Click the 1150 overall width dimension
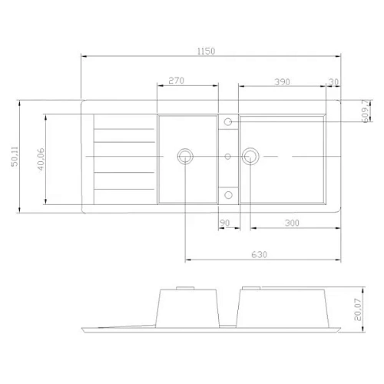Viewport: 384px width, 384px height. pos(205,51)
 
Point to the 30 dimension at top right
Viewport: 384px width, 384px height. pos(333,81)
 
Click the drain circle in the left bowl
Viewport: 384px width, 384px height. pos(184,157)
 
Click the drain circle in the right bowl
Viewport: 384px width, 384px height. pos(249,157)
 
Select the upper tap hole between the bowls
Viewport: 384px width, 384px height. pos(228,121)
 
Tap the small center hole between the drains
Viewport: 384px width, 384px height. pos(228,157)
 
